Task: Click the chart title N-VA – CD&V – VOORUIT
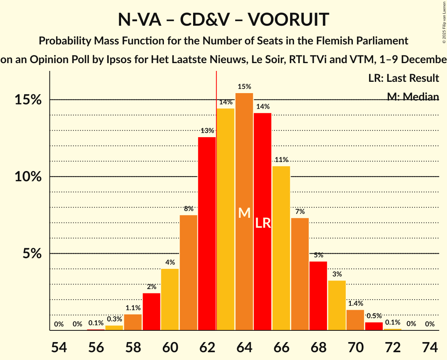click(223, 19)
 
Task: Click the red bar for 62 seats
click(207, 234)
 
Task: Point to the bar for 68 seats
click(318, 296)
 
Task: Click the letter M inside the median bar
click(244, 213)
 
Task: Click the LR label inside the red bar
click(263, 223)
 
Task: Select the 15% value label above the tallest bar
click(244, 87)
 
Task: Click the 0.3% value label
click(114, 319)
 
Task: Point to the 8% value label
click(188, 209)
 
